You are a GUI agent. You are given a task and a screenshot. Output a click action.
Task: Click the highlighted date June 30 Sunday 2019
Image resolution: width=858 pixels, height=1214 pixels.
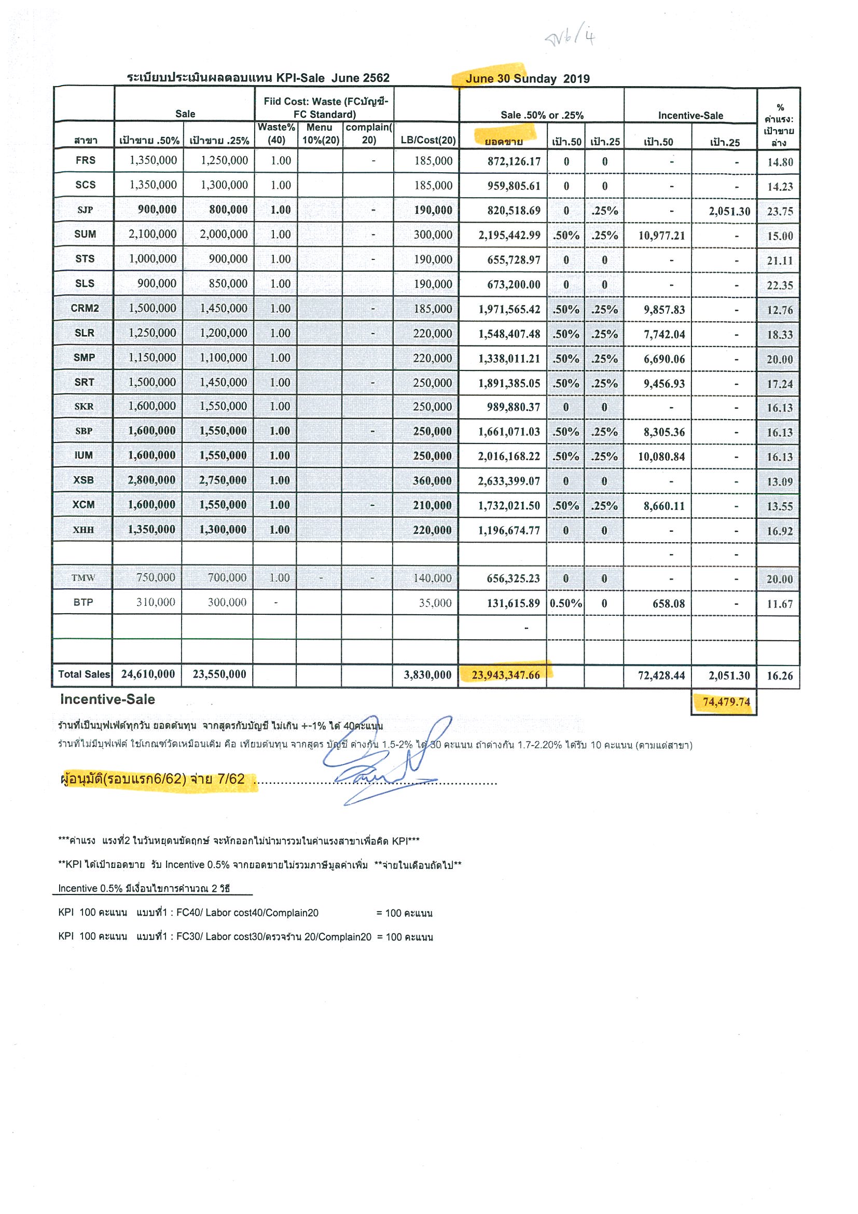[527, 79]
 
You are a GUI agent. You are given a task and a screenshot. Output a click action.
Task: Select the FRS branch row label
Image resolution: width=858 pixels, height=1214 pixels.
[85, 160]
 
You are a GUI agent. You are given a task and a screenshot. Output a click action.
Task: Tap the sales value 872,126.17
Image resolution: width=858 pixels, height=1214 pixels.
[514, 161]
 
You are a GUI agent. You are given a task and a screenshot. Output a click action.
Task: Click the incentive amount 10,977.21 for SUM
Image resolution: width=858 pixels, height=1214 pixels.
[661, 236]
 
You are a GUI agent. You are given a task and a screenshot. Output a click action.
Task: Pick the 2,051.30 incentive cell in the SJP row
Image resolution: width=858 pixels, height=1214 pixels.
[729, 212]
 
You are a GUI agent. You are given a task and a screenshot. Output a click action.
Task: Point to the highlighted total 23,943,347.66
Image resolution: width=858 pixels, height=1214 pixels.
[505, 675]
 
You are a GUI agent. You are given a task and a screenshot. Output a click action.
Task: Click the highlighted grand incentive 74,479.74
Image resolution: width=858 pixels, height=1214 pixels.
[726, 701]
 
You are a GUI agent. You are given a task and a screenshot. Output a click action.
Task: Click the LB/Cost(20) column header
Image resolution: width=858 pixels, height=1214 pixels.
[427, 140]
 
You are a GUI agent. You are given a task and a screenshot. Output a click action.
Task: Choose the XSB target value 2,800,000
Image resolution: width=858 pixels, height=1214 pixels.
[151, 480]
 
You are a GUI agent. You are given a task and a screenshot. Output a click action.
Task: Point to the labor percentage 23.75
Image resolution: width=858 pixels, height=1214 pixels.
[780, 212]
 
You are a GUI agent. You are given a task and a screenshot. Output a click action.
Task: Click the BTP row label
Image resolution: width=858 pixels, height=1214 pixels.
[83, 602]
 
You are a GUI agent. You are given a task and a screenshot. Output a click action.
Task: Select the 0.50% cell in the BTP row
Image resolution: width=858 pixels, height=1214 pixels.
[565, 603]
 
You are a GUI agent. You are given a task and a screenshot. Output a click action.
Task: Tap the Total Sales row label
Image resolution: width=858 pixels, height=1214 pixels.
[84, 674]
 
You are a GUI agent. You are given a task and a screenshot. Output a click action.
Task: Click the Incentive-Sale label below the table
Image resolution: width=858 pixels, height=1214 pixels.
[107, 699]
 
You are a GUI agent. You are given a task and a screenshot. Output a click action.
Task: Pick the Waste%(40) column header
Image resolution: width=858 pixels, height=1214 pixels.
[276, 134]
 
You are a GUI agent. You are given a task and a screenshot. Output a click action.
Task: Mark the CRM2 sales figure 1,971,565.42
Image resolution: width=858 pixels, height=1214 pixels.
[509, 309]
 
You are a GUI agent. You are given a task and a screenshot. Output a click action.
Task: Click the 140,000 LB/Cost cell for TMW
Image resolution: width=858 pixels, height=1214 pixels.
[433, 578]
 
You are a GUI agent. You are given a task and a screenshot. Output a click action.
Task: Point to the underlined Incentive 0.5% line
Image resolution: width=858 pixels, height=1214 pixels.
[144, 888]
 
